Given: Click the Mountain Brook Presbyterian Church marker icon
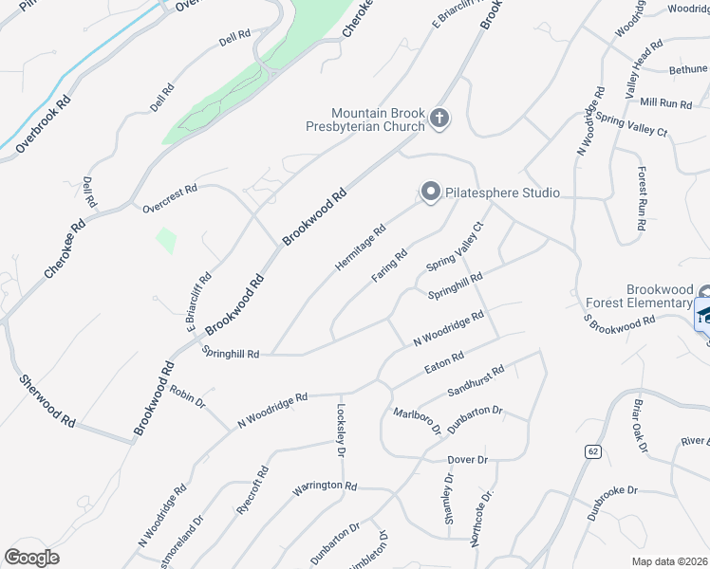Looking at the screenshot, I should [x=439, y=119].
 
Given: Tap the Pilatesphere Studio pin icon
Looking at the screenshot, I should [x=430, y=193].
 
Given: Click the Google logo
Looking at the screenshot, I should [x=31, y=557].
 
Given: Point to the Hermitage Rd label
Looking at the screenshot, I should [x=361, y=247].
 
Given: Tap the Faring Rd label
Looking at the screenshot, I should [x=389, y=266].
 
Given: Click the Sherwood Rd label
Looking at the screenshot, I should [x=47, y=400].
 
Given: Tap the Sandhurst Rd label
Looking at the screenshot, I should [x=476, y=381].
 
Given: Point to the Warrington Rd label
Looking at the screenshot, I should [x=324, y=486].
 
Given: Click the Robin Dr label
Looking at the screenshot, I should [x=188, y=396].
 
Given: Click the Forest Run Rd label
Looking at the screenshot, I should [x=643, y=200].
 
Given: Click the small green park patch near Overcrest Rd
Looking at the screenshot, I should [x=165, y=239].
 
